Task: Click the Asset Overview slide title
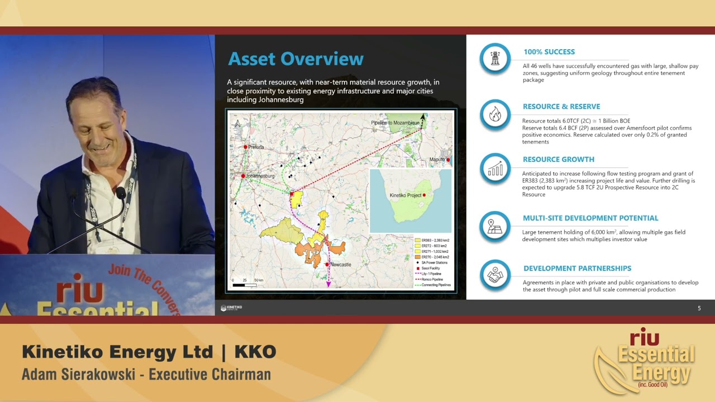[295, 59]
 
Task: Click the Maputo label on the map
[437, 160]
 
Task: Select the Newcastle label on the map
[340, 264]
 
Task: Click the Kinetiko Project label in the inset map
[405, 195]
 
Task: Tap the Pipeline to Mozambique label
[395, 122]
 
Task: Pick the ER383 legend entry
[435, 240]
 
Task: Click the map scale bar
[245, 285]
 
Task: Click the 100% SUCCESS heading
[549, 52]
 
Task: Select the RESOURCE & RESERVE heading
[561, 107]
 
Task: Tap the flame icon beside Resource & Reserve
[495, 114]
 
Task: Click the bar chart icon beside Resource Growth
[495, 168]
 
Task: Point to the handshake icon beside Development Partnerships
[495, 275]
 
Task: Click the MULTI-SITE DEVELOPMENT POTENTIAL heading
[590, 218]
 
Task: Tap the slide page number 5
[699, 308]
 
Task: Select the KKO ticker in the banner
[255, 352]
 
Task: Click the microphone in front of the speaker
[121, 193]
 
